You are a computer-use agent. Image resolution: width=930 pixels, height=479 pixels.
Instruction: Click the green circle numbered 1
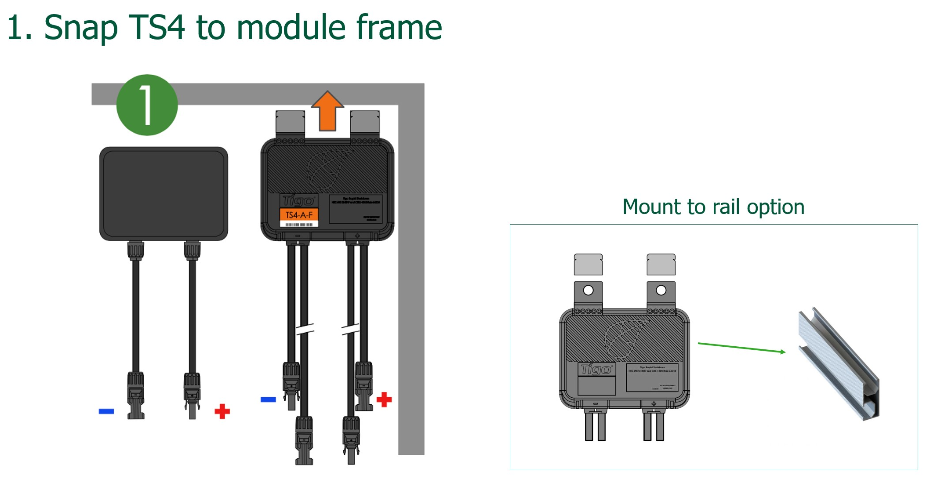point(147,105)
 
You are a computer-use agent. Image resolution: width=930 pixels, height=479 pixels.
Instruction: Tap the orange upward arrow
point(327,112)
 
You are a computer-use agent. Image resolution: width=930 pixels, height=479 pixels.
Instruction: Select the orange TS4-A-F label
point(299,215)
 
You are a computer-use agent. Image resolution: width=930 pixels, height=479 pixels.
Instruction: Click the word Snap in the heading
point(81,27)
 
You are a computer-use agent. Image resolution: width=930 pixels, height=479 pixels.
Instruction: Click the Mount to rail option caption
point(713,207)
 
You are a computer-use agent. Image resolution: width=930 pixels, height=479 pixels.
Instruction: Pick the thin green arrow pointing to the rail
point(741,348)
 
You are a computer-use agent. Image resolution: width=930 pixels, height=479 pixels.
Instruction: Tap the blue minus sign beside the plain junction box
point(106,411)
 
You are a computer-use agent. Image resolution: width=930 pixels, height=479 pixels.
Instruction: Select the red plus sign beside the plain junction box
point(222,411)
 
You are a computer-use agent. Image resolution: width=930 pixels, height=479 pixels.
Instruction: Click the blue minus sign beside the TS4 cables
point(268,399)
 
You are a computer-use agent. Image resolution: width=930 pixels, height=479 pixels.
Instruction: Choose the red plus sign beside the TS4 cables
point(384,399)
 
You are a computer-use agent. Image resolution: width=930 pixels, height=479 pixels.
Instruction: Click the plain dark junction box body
point(163,193)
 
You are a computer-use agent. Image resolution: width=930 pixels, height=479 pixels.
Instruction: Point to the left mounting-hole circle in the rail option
point(588,290)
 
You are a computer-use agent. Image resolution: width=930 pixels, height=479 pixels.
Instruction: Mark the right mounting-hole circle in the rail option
point(661,290)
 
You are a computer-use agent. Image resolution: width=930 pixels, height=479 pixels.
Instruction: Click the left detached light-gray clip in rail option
point(588,265)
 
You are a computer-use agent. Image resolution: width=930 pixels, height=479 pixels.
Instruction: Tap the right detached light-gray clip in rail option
point(661,265)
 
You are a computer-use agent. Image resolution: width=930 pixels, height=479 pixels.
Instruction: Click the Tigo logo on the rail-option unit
point(596,369)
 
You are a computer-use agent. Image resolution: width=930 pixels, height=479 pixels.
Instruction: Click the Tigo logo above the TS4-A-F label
point(298,201)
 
